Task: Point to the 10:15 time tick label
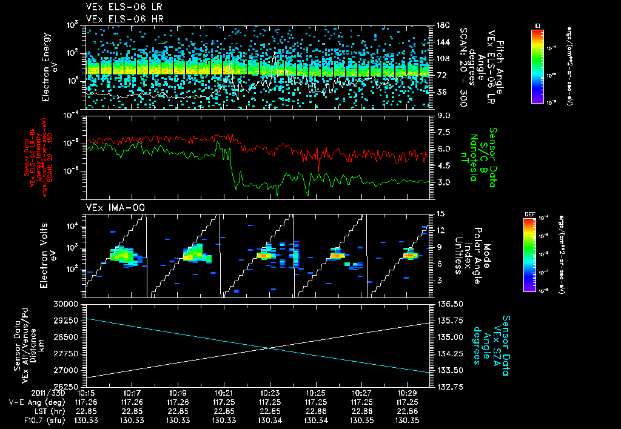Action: click(x=86, y=393)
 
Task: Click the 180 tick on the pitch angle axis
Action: click(x=441, y=25)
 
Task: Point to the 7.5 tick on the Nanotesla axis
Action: click(x=441, y=131)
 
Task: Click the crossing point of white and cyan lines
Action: click(x=268, y=347)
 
